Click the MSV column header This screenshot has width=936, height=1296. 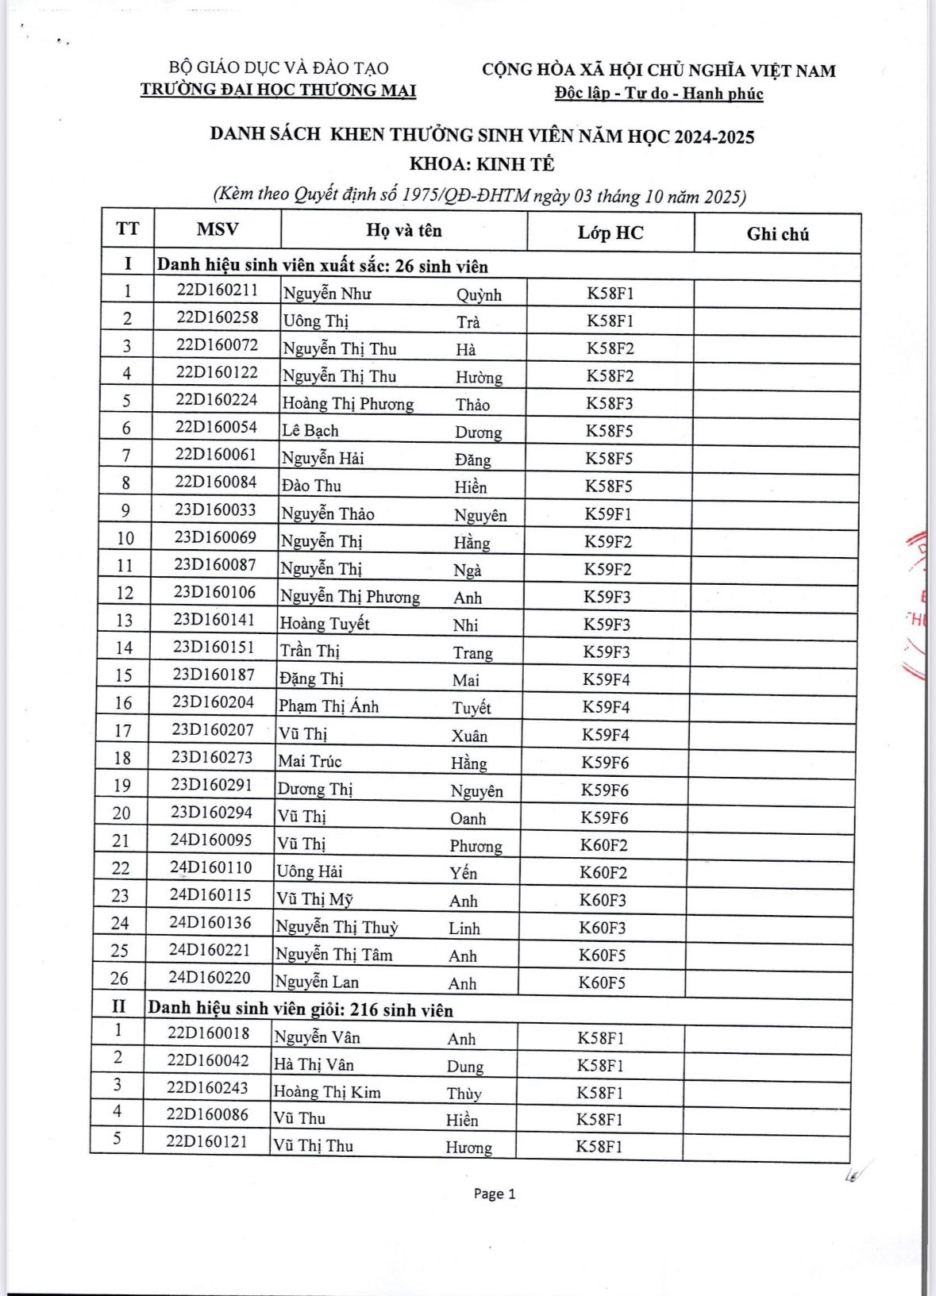(x=218, y=229)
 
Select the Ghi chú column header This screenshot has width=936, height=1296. (x=777, y=234)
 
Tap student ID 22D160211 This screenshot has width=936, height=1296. (x=218, y=290)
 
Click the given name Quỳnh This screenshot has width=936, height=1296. (x=479, y=295)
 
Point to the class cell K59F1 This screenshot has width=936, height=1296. (x=608, y=514)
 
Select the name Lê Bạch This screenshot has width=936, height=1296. (x=310, y=431)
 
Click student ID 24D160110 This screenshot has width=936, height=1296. (x=210, y=867)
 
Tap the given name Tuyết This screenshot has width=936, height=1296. (x=472, y=708)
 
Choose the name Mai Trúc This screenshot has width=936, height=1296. (x=310, y=761)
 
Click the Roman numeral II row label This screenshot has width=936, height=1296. (x=118, y=1007)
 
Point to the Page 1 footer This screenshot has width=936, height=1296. (x=495, y=1194)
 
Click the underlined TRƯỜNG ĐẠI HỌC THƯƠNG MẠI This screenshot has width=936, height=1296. (x=278, y=90)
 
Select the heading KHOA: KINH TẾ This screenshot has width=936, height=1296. (x=482, y=165)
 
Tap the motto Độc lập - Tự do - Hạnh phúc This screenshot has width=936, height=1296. (x=659, y=94)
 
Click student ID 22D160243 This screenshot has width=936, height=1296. (x=207, y=1087)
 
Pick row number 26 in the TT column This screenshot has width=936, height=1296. (x=120, y=979)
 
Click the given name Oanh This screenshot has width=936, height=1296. (x=468, y=818)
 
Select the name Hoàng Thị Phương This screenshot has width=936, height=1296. (x=348, y=404)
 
